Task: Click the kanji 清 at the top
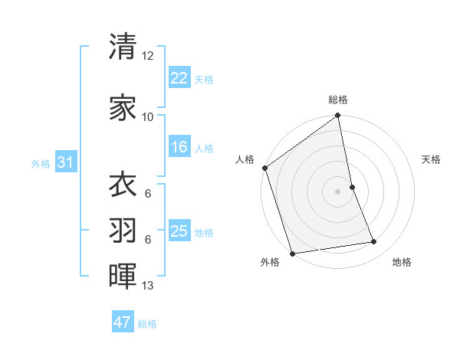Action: pyautogui.click(x=123, y=47)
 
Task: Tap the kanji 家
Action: pyautogui.click(x=123, y=106)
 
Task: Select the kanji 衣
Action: pyautogui.click(x=123, y=185)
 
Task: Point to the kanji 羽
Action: pyautogui.click(x=123, y=230)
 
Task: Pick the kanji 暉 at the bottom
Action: pyautogui.click(x=123, y=276)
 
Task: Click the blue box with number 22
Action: pyautogui.click(x=179, y=78)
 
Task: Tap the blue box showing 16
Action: pyautogui.click(x=179, y=147)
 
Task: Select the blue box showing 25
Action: pyautogui.click(x=179, y=231)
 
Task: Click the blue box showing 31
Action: pyautogui.click(x=65, y=162)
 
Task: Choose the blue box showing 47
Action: pyautogui.click(x=123, y=322)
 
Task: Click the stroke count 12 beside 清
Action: pyautogui.click(x=148, y=57)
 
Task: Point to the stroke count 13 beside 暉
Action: pyautogui.click(x=148, y=286)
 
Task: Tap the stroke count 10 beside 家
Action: pyautogui.click(x=148, y=116)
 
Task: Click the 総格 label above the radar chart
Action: pyautogui.click(x=338, y=100)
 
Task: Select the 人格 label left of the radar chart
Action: pyautogui.click(x=245, y=159)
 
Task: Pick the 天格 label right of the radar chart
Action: pyautogui.click(x=432, y=159)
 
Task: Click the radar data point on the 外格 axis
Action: pyautogui.click(x=292, y=253)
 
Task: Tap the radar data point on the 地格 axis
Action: pyautogui.click(x=374, y=242)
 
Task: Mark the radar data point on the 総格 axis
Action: pyautogui.click(x=338, y=116)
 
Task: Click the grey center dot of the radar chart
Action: pyautogui.click(x=338, y=191)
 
